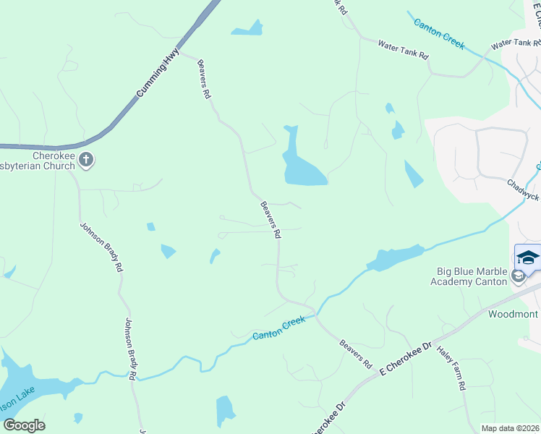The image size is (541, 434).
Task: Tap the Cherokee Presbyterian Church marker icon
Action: click(x=86, y=161)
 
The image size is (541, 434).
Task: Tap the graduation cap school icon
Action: click(x=527, y=258)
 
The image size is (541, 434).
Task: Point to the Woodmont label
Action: click(x=513, y=314)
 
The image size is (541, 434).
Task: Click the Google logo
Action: click(x=24, y=425)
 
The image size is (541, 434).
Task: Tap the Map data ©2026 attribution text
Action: click(x=510, y=428)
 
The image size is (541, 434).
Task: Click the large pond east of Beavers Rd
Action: click(x=302, y=169)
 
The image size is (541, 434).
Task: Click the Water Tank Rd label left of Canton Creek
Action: click(x=403, y=50)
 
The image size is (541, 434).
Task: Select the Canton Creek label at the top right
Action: click(x=438, y=33)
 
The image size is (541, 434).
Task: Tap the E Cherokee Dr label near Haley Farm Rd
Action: click(x=405, y=359)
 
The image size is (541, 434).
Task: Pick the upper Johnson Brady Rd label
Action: click(x=101, y=246)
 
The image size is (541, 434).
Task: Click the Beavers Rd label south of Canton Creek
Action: click(x=355, y=352)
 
